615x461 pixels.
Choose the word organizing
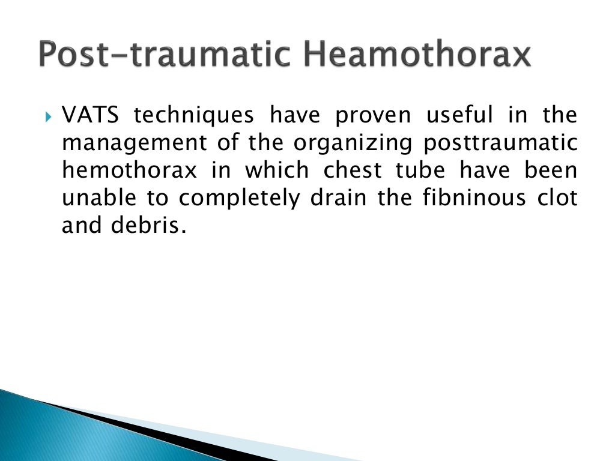pos(353,144)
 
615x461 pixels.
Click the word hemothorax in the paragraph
pos(129,170)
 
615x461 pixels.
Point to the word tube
pos(420,170)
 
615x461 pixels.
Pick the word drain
pos(337,198)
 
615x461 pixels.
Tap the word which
pos(276,170)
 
